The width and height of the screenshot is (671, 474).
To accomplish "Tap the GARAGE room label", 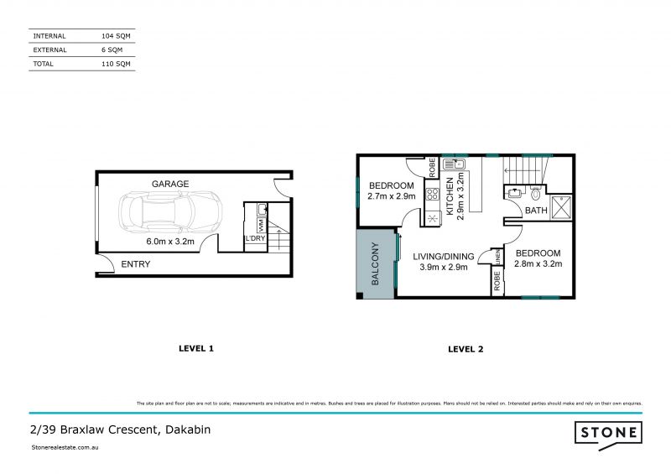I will point(170,184).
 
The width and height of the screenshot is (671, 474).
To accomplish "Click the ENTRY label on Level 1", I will point(136,264).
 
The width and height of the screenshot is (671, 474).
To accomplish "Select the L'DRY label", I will point(254,240).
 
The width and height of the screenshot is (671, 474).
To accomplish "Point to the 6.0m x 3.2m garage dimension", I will point(170,242).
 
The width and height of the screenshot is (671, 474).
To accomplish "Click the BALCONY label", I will point(376,264).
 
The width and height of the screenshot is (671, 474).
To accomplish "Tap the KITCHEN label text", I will point(450,197).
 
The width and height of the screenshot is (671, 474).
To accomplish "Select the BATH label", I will point(535,211).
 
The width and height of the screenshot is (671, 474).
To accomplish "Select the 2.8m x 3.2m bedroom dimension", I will point(538,264).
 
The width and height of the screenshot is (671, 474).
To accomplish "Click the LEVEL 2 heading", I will point(466,348).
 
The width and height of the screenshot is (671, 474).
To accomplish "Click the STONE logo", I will point(609,433).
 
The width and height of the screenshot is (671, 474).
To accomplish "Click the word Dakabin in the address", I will point(184,430).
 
